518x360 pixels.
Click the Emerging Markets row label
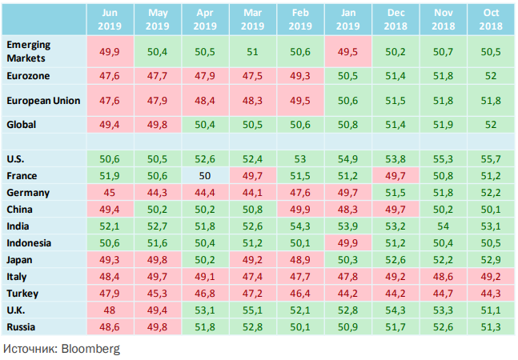29,52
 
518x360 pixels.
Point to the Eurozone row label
29,77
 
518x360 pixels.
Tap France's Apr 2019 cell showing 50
206,175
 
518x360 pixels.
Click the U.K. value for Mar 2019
252,310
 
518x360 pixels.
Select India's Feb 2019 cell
299,226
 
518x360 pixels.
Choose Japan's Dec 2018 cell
395,259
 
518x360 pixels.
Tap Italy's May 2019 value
159,276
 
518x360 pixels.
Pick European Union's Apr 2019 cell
206,101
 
